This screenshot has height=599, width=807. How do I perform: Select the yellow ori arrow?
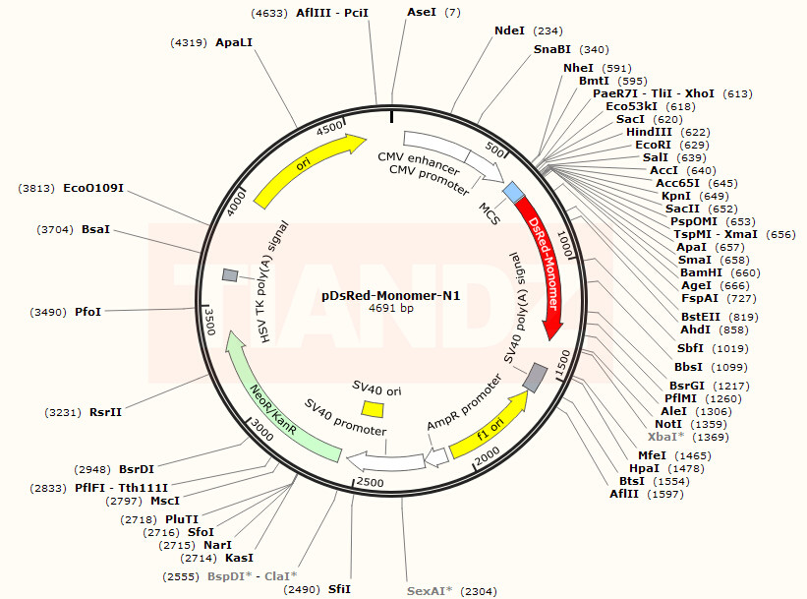(x=305, y=169)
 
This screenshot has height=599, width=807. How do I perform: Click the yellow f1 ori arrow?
(x=489, y=424)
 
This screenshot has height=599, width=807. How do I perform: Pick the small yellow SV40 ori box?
(x=373, y=408)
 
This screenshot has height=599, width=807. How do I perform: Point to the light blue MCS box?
(x=513, y=191)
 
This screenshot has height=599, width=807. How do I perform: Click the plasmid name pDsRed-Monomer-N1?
(x=391, y=294)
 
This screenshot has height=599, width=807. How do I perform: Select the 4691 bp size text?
(x=391, y=308)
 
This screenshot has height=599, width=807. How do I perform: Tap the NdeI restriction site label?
(x=510, y=30)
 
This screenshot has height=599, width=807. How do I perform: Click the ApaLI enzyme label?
(x=234, y=42)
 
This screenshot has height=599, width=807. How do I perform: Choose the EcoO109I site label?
(x=93, y=187)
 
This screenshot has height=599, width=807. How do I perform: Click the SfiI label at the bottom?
(x=339, y=588)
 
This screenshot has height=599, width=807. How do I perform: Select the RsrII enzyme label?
(x=105, y=411)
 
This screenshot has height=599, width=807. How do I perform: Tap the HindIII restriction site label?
(x=649, y=132)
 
